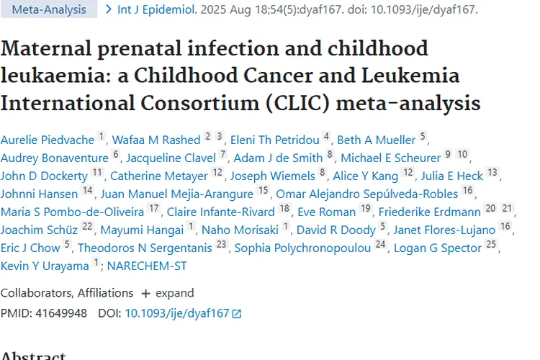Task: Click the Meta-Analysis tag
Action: pos(48,10)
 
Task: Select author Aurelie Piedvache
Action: pos(47,140)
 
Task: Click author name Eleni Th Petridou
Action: pos(275,140)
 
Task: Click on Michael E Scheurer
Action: pos(390,158)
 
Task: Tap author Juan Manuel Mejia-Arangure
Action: pos(176,194)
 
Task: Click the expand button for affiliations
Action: pos(168,293)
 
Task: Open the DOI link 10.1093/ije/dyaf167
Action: pos(177,313)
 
